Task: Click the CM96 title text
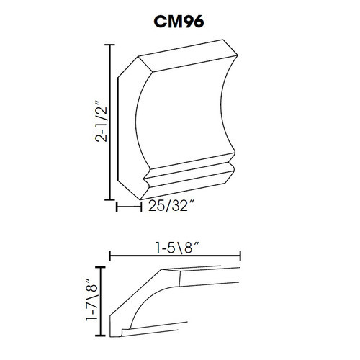point(179,22)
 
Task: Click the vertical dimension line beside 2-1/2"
point(109,122)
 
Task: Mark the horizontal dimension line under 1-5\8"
point(175,254)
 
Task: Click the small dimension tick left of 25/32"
point(117,207)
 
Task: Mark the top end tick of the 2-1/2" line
point(109,45)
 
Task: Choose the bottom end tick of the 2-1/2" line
point(109,199)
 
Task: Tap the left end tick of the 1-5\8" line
point(109,254)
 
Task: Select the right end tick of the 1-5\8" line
point(241,254)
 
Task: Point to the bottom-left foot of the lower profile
point(119,332)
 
